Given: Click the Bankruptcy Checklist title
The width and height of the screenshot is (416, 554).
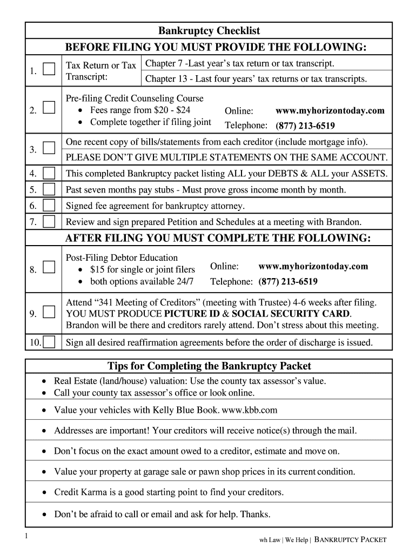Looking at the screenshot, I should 209,31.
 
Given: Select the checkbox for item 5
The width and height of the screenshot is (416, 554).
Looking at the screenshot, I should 49,190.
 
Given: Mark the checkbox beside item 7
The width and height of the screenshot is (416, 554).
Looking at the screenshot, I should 49,221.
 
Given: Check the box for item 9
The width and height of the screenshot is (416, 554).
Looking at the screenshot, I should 49,313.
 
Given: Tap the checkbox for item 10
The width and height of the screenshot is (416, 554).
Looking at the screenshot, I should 49,342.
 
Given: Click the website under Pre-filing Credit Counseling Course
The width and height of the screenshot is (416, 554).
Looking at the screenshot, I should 330,110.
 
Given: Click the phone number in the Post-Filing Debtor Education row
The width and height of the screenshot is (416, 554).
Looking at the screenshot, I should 288,281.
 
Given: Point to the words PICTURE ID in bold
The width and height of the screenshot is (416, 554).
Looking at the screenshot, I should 191,314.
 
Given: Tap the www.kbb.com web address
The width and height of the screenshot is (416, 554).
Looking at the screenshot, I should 250,410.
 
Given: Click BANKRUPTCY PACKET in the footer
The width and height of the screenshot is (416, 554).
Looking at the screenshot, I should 351,540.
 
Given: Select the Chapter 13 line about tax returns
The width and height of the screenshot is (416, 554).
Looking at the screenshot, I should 256,79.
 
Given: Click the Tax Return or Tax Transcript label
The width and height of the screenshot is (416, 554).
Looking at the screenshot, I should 100,71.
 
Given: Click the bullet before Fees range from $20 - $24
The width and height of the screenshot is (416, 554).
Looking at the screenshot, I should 80,110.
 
